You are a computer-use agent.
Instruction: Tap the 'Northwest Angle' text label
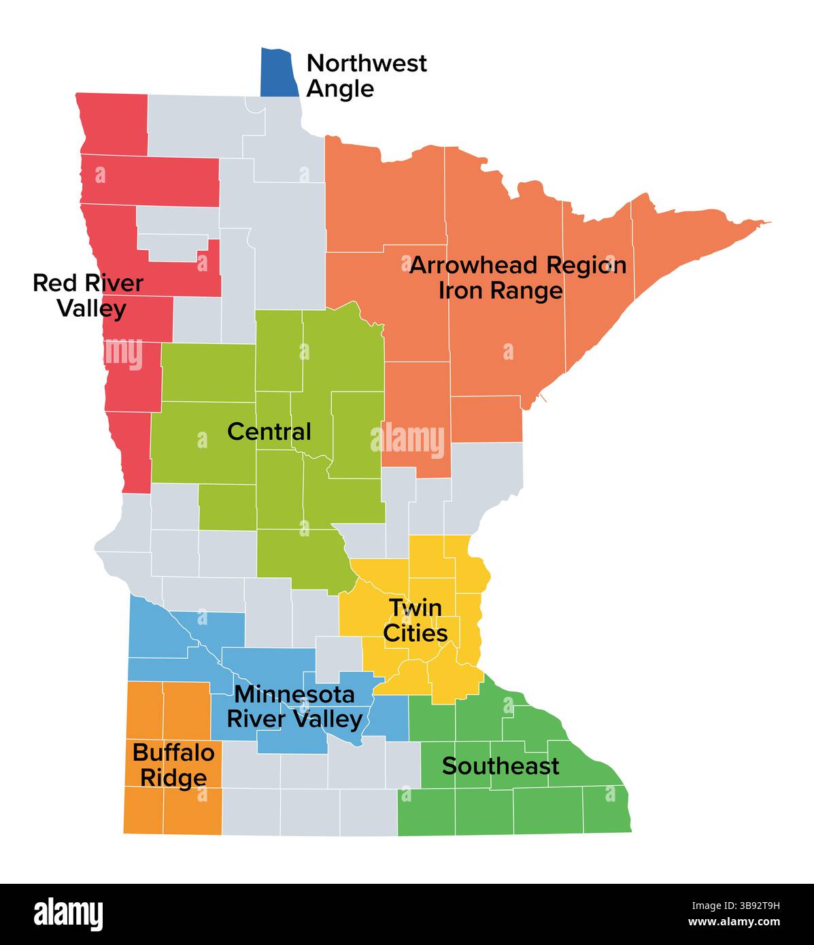pos(367,75)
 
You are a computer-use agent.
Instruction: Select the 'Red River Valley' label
pos(88,296)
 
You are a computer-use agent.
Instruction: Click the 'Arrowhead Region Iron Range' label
pos(518,277)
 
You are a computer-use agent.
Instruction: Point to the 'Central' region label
pos(269,432)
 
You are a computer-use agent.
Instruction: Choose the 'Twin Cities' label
pos(416,620)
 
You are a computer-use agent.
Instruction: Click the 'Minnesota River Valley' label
pos(294,707)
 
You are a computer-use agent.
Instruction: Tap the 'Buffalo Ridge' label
pos(173,766)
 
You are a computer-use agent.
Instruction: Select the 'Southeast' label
pos(501,766)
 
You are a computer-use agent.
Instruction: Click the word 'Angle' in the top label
pos(340,89)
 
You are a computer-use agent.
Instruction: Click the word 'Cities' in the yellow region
pos(416,633)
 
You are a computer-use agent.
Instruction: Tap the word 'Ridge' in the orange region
pos(173,778)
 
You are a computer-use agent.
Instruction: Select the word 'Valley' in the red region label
pos(92,309)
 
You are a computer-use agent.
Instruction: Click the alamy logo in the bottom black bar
pos(69,914)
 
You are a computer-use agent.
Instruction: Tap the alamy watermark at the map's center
pos(408,441)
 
